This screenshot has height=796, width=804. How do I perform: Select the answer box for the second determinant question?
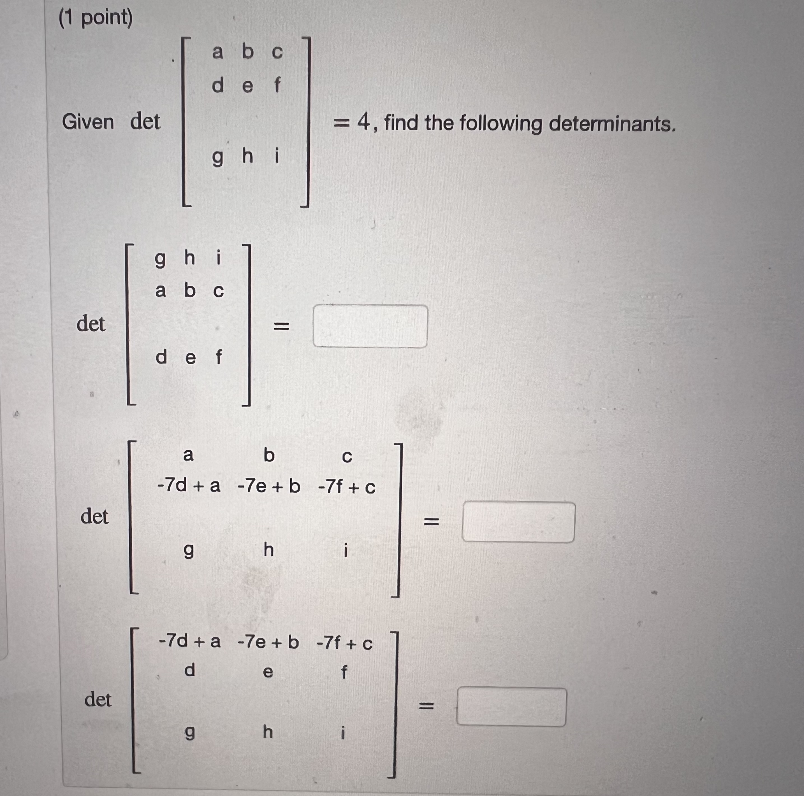click(x=518, y=522)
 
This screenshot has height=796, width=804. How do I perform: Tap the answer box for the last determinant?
click(x=511, y=707)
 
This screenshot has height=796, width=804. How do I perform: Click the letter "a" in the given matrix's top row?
click(x=217, y=52)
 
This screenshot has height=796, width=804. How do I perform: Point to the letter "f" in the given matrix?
click(x=277, y=85)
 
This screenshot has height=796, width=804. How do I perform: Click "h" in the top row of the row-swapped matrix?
click(x=189, y=258)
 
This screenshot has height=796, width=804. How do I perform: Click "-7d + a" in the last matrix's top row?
click(x=189, y=642)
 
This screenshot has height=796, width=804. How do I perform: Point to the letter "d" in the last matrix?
click(x=189, y=670)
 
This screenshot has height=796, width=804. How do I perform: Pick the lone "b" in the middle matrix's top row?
click(x=269, y=455)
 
